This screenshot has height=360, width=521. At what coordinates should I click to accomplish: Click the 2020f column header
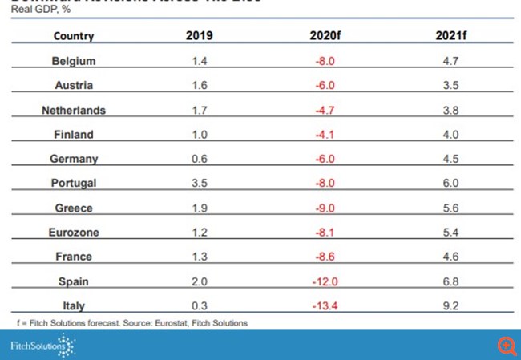coord(326,35)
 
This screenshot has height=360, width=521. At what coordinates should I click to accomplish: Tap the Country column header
coord(74,36)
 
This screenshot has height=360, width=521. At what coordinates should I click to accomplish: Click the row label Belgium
coord(74,61)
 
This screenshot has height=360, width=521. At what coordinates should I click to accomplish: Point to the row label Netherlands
coord(74,110)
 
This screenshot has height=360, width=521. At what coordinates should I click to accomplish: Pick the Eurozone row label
coord(74,233)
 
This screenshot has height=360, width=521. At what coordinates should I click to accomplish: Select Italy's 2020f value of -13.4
coord(326,305)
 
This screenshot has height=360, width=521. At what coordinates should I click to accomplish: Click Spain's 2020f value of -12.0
coord(326,281)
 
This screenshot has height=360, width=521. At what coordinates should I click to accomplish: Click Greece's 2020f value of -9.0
coord(326,208)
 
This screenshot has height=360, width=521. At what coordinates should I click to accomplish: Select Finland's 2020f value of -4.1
coord(326,134)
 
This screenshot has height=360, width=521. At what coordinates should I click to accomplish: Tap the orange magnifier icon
coord(506,346)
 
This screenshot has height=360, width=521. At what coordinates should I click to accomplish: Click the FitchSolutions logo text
coord(34,346)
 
